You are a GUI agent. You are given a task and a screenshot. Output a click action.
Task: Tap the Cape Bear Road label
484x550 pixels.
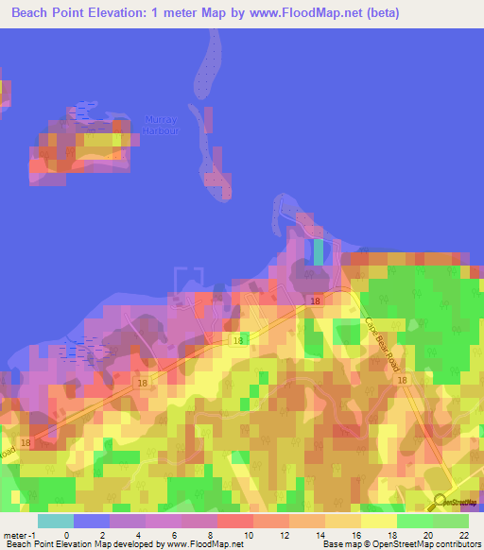pyautogui.click(x=382, y=339)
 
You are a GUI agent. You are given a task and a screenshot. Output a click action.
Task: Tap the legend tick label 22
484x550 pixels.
pyautogui.click(x=462, y=536)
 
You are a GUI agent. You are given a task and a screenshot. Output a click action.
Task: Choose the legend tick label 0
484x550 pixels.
pyautogui.click(x=65, y=536)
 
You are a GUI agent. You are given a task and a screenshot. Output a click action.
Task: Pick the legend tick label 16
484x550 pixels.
pyautogui.click(x=356, y=536)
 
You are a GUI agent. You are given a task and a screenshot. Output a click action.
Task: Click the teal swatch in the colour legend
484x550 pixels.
pyautogui.click(x=56, y=521)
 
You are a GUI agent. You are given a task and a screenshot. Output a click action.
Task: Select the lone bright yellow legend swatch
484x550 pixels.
pyautogui.click(x=377, y=521)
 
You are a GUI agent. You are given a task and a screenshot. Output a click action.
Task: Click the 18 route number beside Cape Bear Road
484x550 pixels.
pyautogui.click(x=402, y=380)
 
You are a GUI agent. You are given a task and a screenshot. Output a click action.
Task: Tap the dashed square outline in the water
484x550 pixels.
pyautogui.click(x=189, y=282)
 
